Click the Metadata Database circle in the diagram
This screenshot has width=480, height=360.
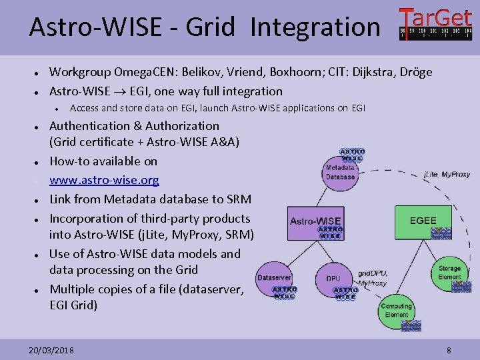pos(340,171)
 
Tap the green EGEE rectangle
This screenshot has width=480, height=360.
pos(423,221)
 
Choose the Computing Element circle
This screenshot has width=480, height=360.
pos(397,313)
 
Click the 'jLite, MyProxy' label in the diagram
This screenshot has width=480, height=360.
pos(447,175)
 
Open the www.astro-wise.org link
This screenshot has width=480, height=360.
pos(104,180)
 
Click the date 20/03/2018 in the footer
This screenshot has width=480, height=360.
pos(52,350)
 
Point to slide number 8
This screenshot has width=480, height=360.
pos(449,350)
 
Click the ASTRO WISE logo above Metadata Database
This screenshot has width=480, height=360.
pos(353,155)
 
